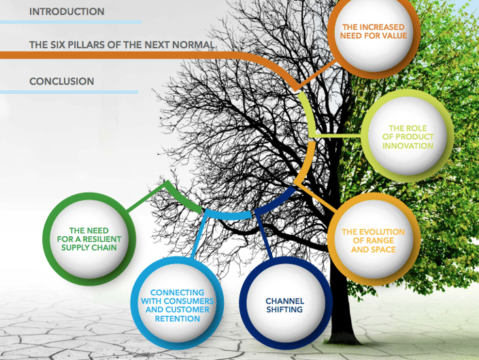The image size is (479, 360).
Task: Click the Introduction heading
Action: click(67, 12)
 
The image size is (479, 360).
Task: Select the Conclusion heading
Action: click(62, 81)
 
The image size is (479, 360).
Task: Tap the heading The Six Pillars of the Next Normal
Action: click(122, 45)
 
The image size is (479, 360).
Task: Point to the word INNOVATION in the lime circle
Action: click(408, 146)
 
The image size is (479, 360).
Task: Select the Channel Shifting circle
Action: click(285, 303)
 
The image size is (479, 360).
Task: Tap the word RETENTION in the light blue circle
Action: click(178, 318)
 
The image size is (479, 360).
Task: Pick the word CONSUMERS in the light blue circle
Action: click(191, 301)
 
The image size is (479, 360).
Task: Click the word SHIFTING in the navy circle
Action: click(284, 310)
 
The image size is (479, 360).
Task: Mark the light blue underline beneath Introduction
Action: click(71, 22)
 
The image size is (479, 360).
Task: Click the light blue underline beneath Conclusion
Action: click(69, 92)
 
